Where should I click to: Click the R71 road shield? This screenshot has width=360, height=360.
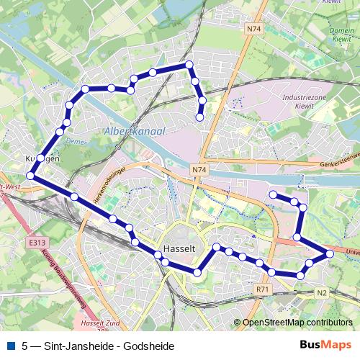(x=263, y=289)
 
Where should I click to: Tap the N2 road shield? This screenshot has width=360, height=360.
(x=321, y=292)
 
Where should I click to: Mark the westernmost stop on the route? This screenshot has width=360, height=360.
(x=31, y=176)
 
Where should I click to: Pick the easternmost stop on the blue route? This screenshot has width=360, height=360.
(x=330, y=253)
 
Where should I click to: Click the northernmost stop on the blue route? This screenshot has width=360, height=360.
(x=189, y=65)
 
